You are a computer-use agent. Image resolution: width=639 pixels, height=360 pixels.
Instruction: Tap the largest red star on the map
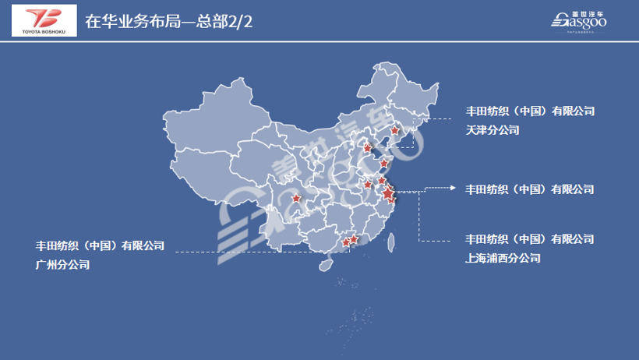388,189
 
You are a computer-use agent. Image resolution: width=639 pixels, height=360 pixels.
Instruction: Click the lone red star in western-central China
295,198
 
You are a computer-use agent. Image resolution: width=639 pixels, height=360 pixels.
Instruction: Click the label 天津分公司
492,130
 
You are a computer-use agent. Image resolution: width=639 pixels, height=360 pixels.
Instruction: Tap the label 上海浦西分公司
503,258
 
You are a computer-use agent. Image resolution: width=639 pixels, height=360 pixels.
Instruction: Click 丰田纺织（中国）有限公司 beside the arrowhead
530,189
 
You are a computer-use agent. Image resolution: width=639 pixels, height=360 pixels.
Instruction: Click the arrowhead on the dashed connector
454,189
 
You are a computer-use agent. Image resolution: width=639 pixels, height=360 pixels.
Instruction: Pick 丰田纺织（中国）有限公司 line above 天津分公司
530,111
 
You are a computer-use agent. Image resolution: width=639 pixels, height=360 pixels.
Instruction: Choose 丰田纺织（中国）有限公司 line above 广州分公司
100,245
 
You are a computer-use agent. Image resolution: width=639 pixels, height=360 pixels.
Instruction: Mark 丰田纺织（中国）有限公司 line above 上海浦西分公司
530,238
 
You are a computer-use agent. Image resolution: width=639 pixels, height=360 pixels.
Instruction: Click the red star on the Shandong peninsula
383,164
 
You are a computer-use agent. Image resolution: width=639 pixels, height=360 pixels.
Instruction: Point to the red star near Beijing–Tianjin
368,146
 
